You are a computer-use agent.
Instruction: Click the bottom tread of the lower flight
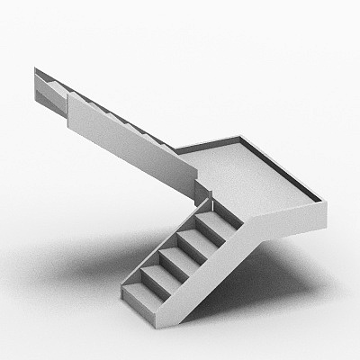[142, 292]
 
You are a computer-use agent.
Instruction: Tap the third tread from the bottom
[177, 256]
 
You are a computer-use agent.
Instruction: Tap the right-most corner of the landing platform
[324, 202]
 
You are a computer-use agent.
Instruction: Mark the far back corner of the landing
[241, 138]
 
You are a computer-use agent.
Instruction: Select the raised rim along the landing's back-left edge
[207, 144]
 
